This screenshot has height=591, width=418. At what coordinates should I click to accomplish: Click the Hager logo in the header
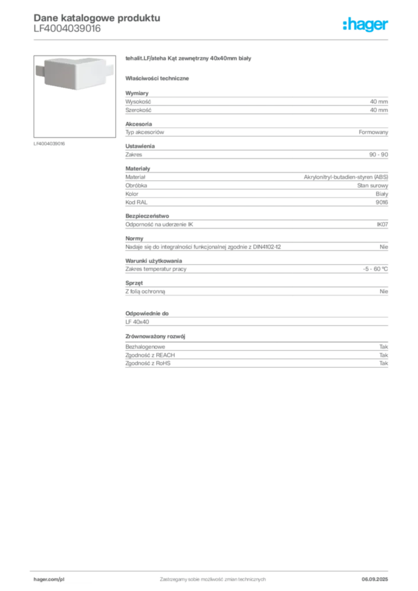(365, 24)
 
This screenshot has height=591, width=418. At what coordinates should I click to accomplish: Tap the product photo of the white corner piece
(74, 73)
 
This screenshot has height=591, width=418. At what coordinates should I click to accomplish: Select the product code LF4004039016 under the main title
(67, 29)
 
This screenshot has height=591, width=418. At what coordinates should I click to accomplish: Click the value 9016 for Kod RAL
(382, 203)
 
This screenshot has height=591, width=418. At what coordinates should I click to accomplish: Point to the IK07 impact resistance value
(382, 225)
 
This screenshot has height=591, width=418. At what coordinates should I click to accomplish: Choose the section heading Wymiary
(137, 93)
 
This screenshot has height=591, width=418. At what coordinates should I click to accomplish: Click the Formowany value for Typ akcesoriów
(373, 132)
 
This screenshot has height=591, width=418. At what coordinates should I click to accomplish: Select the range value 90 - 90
(378, 155)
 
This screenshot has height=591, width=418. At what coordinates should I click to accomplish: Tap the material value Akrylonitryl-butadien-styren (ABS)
(346, 177)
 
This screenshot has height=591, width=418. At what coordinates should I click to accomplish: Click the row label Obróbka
(136, 185)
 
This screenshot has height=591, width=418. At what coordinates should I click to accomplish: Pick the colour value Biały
(382, 194)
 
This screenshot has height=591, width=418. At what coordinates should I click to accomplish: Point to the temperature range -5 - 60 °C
(375, 269)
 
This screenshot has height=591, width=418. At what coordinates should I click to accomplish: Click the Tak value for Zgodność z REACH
(383, 355)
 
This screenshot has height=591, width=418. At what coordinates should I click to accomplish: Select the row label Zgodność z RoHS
(148, 364)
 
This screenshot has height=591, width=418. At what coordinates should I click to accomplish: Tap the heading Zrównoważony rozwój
(155, 336)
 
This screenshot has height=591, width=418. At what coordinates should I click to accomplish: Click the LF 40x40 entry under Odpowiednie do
(137, 322)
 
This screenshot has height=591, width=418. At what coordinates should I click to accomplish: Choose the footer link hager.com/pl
(49, 579)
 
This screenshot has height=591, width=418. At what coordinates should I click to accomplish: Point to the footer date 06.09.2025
(375, 579)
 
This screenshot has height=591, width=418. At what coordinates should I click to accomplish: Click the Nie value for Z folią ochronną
(384, 291)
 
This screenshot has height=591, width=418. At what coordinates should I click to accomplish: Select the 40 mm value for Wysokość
(379, 102)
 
